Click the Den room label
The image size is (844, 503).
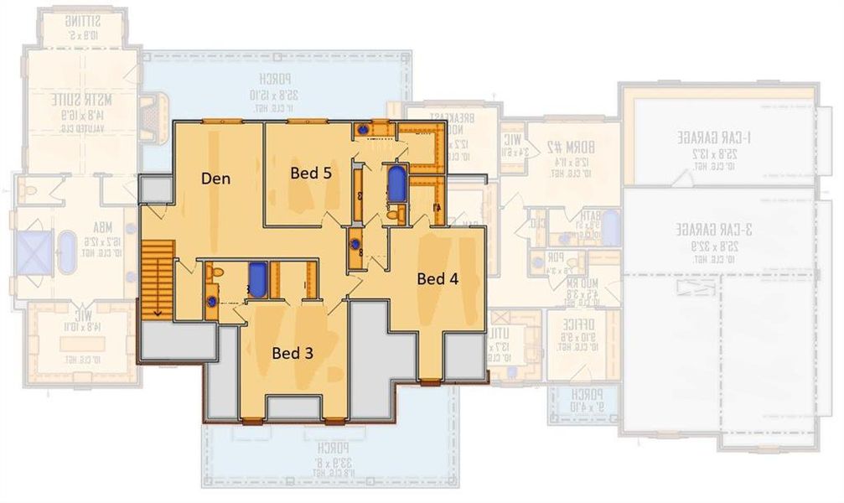pos(216,178)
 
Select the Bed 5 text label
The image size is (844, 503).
pos(310,174)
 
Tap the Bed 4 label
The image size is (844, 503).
pos(438,279)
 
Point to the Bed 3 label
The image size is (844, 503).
pos(293,353)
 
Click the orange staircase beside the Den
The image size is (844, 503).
pos(157,277)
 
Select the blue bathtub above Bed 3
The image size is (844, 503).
pos(258,279)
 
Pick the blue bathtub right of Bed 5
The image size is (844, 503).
pos(396,184)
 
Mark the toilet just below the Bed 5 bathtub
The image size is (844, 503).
pos(393,215)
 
